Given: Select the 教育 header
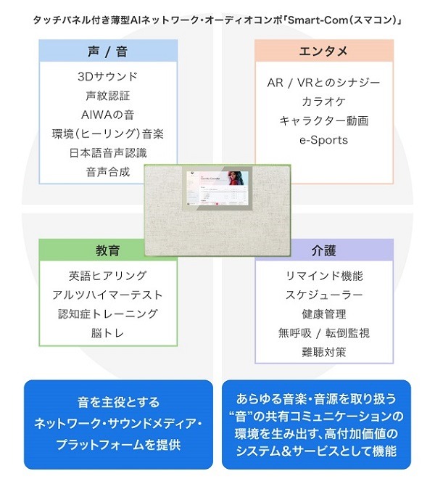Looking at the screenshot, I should tap(107, 250).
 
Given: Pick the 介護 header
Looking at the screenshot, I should tap(324, 250).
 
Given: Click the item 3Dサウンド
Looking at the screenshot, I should tap(107, 76).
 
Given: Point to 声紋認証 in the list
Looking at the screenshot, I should tap(107, 95).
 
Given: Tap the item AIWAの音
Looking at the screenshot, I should tap(107, 115).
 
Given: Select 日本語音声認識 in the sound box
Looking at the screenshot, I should tap(107, 152).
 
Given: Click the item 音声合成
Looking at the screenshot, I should tap(107, 172).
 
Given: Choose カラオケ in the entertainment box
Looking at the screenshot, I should tap(323, 102).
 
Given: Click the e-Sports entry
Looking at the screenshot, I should tap(323, 139).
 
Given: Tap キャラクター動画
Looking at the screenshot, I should tap(323, 120).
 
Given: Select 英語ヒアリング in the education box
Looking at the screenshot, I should tap(107, 276).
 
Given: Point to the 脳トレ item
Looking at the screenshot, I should tap(107, 333).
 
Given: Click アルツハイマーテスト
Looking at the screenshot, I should tap(107, 295).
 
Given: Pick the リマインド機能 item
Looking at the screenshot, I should tap(324, 276).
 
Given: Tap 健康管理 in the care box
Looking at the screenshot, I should tap(324, 314).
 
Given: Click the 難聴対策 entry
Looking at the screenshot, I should tap(324, 352).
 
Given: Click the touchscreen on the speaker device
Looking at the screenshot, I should tap(216, 190).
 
